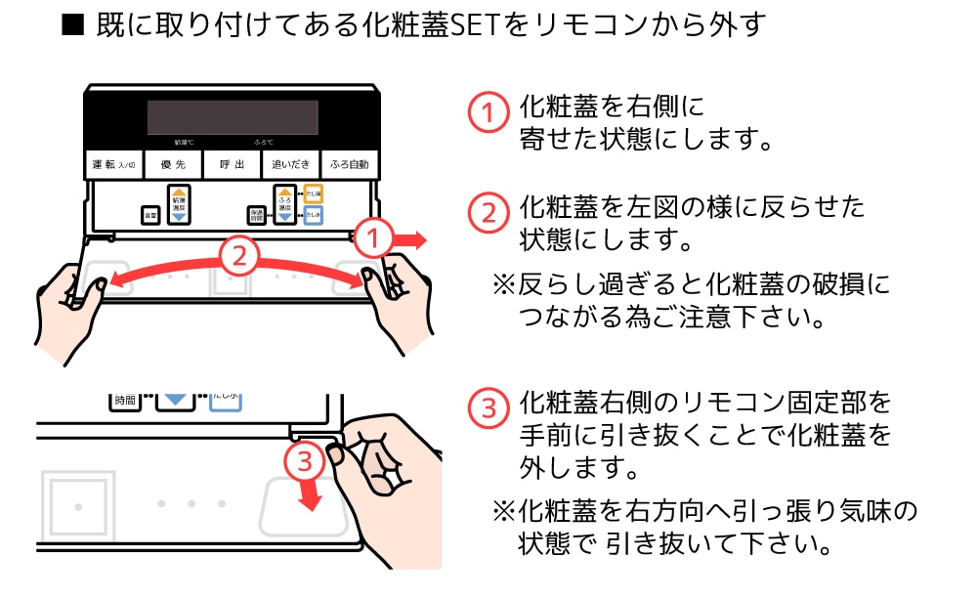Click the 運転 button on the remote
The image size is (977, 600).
114,164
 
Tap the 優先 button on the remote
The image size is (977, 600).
173,164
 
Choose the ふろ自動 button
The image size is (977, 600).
350,164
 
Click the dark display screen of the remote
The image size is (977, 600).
232,117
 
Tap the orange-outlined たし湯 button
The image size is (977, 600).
313,194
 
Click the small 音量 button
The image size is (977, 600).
149,214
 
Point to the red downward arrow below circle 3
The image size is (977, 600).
310,493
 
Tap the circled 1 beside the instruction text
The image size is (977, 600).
488,112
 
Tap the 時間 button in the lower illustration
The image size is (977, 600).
124,400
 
